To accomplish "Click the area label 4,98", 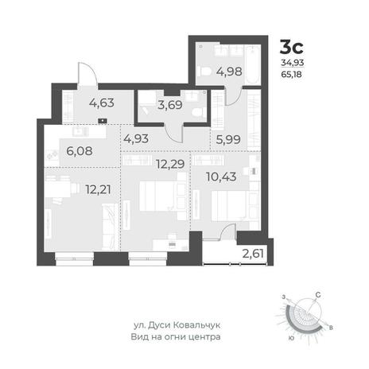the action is coord(229,72).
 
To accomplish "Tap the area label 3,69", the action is coord(170,105).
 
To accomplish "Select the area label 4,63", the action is coord(102,103).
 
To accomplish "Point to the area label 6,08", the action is coord(80,151).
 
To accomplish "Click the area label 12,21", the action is coord(98,189).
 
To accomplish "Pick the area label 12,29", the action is coord(170,165).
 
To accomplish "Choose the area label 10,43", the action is coord(221,177).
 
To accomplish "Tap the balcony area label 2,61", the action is coord(253,254).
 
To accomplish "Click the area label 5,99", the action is coord(228,139).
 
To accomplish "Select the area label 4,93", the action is coord(136,138).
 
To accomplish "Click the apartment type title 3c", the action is coord(292,47).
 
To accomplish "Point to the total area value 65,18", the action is coord(291,75).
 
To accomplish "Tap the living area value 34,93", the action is coord(293,63).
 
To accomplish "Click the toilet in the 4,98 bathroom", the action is coord(204,71).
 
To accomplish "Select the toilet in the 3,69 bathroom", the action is coord(198,112).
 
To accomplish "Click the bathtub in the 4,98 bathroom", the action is coord(254,64).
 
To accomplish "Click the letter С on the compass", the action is coord(318,294).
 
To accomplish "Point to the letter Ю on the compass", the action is coord(291,338).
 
